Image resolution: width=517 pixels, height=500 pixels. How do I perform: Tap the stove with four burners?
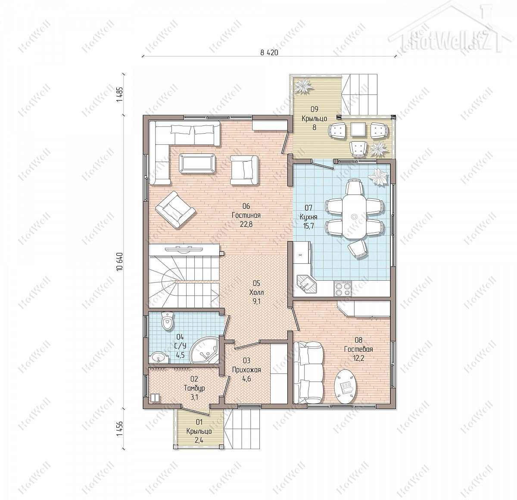click(343, 289)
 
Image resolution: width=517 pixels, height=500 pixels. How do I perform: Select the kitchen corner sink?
click(307, 284)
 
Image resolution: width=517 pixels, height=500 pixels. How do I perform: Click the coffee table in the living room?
click(197, 163)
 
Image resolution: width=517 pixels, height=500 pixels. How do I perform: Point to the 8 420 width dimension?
click(269, 53)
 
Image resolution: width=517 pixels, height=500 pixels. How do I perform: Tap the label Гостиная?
click(246, 215)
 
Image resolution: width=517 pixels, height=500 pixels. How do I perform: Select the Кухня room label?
click(308, 217)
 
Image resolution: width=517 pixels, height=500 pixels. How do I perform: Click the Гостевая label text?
click(358, 349)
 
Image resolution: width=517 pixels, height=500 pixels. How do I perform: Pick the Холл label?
click(256, 292)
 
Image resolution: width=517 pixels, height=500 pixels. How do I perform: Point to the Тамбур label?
click(194, 388)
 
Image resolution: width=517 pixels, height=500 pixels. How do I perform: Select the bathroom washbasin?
click(159, 357)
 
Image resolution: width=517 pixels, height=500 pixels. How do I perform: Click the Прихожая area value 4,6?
click(246, 378)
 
